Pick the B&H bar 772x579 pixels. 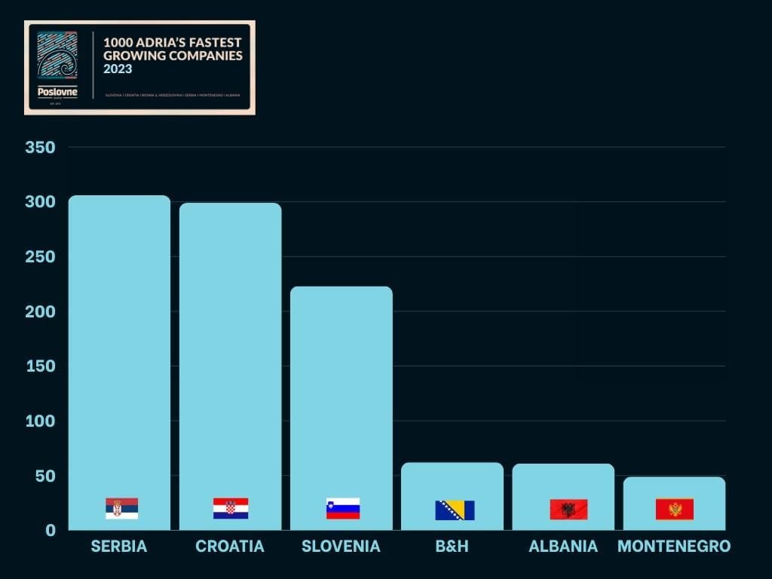(x=452, y=482)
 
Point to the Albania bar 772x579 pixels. (x=563, y=482)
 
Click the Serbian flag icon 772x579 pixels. (x=121, y=508)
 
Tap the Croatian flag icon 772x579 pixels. (x=230, y=508)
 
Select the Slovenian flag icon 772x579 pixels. (x=343, y=508)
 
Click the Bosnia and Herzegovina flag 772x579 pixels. (x=455, y=510)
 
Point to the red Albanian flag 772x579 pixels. (x=568, y=510)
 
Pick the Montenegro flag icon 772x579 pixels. (x=675, y=510)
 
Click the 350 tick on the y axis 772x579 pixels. (x=41, y=147)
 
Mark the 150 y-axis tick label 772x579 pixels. (x=41, y=366)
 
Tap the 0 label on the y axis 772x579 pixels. (x=51, y=530)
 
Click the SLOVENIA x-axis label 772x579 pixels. (x=341, y=547)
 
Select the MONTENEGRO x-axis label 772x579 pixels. (x=674, y=547)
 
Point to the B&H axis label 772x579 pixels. (x=452, y=547)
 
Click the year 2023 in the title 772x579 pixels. (x=118, y=69)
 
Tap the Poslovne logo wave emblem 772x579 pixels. (x=57, y=57)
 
